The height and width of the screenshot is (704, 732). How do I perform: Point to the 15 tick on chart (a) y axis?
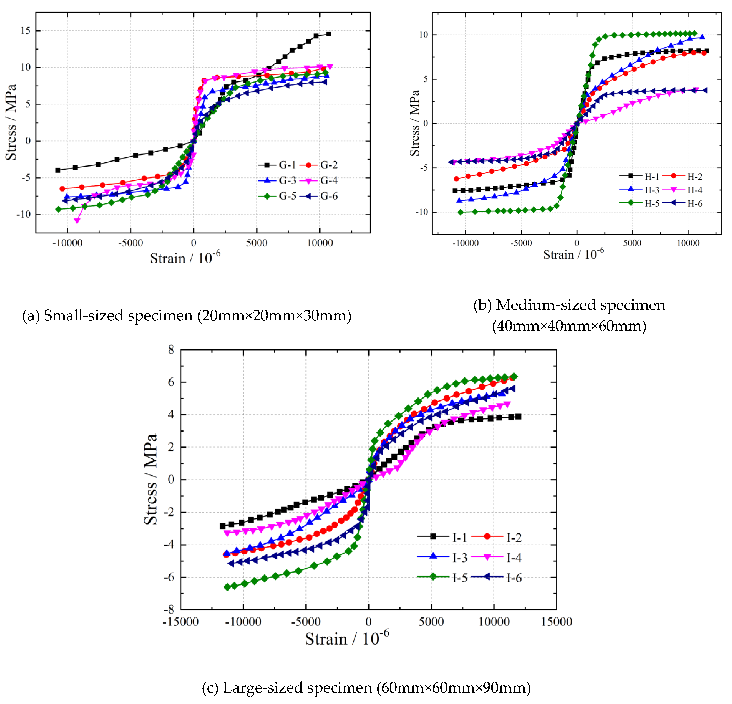click(x=25, y=31)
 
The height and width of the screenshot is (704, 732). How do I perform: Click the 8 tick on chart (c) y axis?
click(x=171, y=350)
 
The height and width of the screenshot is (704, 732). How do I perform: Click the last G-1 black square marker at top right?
click(x=329, y=34)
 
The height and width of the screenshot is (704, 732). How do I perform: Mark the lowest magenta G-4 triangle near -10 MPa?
click(x=77, y=221)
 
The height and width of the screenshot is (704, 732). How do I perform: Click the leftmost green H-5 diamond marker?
click(x=460, y=212)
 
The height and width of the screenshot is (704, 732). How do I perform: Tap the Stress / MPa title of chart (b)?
click(x=415, y=123)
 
